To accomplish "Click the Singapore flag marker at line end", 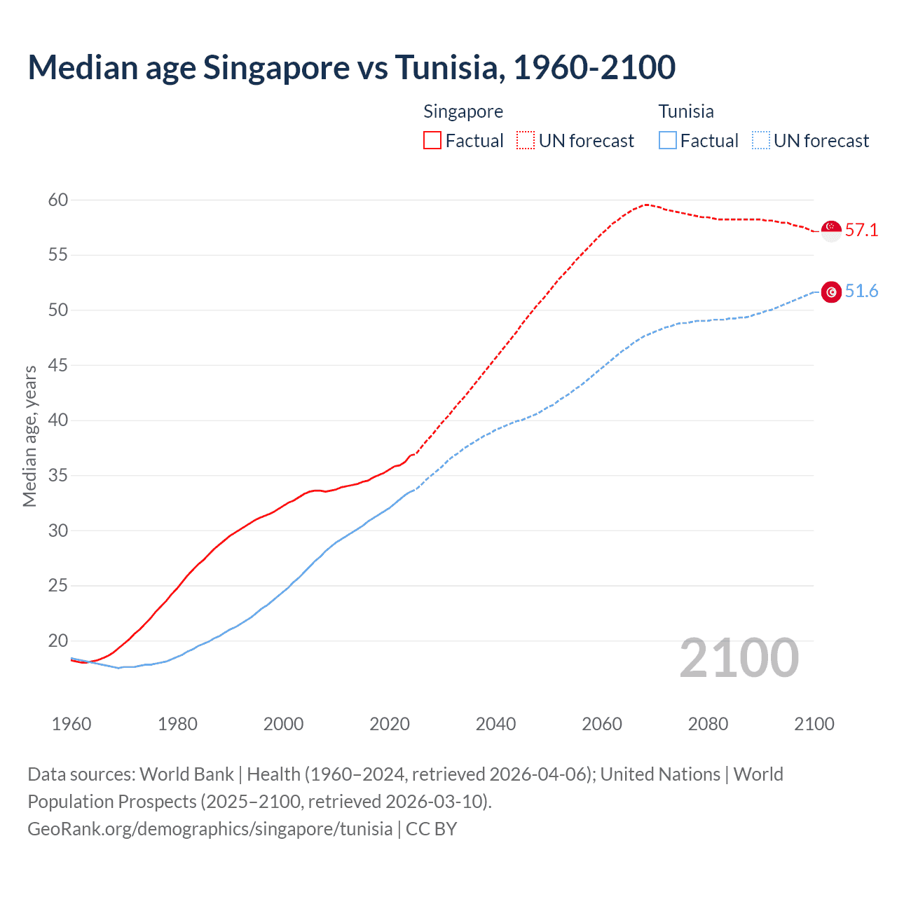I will point(831,231).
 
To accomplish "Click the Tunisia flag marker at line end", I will point(831,292).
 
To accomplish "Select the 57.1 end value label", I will point(861,230).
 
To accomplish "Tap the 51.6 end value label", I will point(861,292).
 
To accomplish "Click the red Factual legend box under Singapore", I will point(432,141).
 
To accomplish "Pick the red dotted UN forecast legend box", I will point(526,141).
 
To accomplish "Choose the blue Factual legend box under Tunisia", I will point(668,141).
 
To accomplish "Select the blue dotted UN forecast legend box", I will point(761,141).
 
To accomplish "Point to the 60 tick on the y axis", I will point(58,200).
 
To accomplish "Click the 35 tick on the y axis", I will point(58,476).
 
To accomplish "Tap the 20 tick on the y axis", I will point(58,641).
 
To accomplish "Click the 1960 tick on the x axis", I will point(71,724).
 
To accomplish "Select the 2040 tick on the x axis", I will point(495,724).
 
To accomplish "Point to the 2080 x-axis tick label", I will point(708,724).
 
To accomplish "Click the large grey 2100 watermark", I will point(739,658).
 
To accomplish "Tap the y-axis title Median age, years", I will point(29,436).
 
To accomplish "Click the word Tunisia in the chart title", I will point(446,67).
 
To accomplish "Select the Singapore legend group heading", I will point(463,111).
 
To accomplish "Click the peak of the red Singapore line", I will point(645,205).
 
